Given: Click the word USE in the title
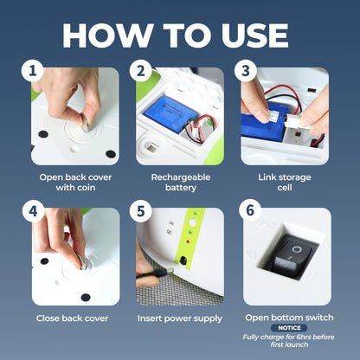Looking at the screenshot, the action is [255, 35].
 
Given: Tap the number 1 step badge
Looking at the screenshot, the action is [32, 71].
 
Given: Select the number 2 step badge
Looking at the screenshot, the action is [140, 71].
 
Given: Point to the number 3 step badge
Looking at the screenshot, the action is [246, 71].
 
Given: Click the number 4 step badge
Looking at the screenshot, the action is [33, 211].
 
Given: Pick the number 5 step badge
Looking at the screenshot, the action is [140, 211].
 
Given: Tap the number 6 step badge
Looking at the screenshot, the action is [250, 210].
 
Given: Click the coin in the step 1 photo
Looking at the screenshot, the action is [86, 123].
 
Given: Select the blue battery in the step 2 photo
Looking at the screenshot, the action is [170, 112].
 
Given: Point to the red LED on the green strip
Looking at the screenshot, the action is [189, 241].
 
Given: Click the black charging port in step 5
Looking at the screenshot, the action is [183, 260].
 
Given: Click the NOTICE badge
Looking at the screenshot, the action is [289, 328].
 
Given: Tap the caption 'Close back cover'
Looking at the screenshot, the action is [72, 318].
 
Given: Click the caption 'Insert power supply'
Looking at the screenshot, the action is [180, 318].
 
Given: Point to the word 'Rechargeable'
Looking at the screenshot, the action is [181, 177].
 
